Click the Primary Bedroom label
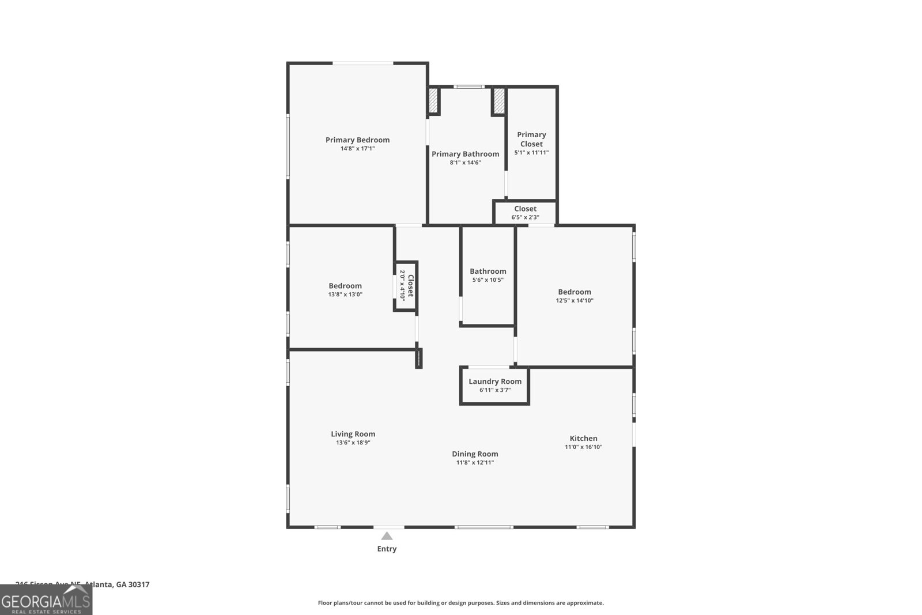357,140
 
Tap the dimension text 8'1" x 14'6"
465,163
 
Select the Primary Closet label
531,139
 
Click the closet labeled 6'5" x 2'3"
525,213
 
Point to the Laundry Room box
494,386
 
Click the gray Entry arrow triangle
387,536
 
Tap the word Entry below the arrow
387,549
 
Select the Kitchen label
583,438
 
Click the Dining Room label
475,454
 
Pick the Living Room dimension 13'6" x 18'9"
353,443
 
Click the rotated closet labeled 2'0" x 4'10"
406,286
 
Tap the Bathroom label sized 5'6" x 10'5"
488,271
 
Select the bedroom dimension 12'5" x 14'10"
574,300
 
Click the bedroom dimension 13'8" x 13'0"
345,295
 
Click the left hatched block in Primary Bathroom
433,101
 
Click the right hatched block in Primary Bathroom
498,101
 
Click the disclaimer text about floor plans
460,603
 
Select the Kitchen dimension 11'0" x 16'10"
583,447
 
